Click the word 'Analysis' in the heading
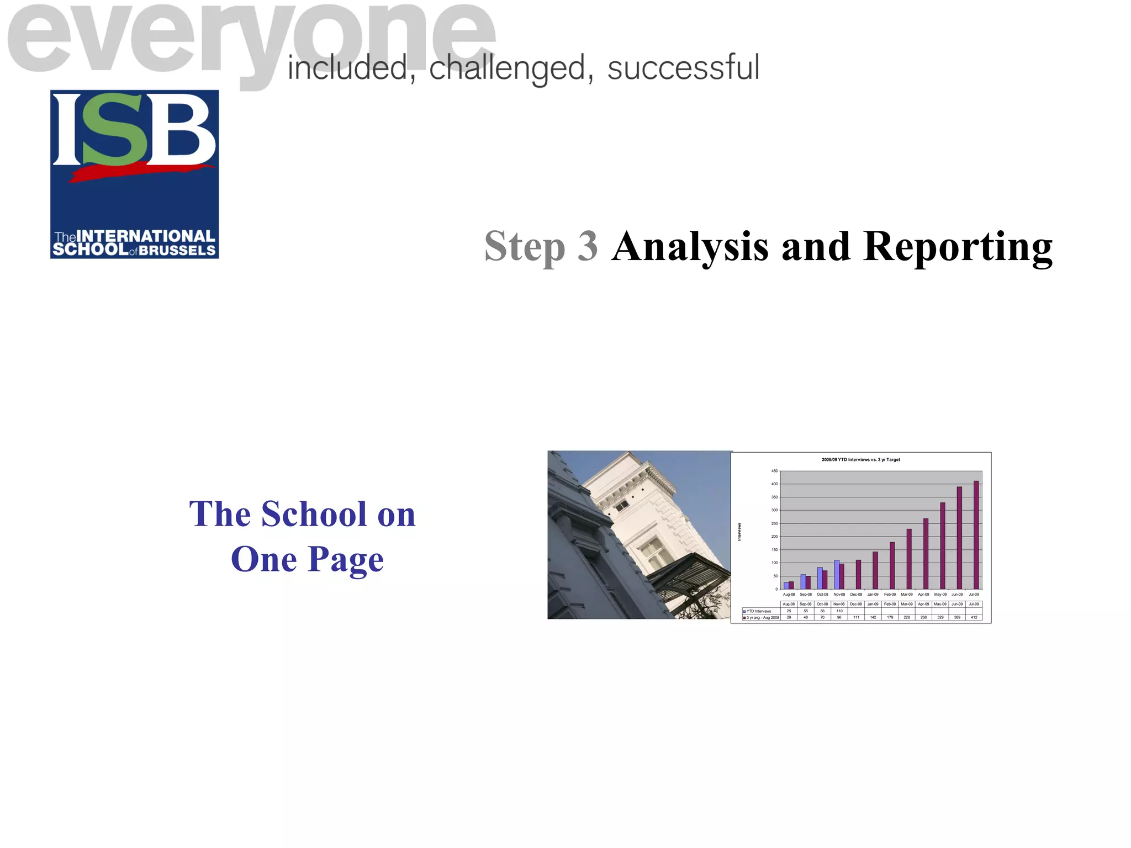click(690, 247)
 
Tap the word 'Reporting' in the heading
click(958, 247)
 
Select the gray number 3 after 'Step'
click(588, 247)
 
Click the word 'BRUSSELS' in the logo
click(177, 251)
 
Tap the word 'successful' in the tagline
click(683, 68)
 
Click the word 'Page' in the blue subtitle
click(345, 559)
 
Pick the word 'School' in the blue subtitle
click(314, 514)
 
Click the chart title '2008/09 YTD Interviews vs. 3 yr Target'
click(860, 459)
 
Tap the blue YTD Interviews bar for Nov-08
click(837, 575)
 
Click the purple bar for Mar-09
click(909, 559)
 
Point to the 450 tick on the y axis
click(774, 471)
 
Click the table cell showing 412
click(974, 617)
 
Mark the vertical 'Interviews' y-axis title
click(739, 532)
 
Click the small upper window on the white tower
click(622, 505)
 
